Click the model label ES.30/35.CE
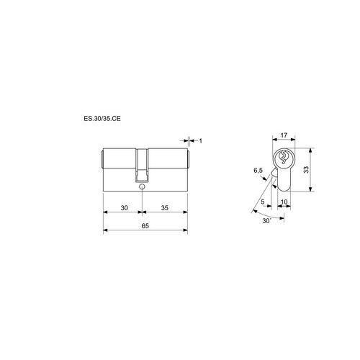point(102,119)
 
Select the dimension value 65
point(145,226)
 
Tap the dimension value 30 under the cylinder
point(124,208)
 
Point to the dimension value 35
point(165,208)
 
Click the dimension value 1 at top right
point(201,141)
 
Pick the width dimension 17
point(284,135)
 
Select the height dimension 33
point(306,170)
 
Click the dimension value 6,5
point(258,171)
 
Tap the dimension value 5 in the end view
point(263,202)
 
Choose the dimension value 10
point(284,202)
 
